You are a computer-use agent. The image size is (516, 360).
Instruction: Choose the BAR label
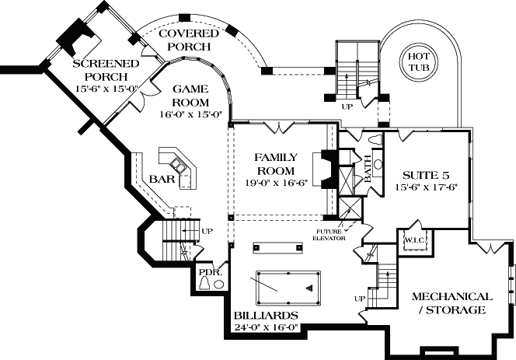click(161, 180)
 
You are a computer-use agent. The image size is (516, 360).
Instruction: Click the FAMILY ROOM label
click(274, 164)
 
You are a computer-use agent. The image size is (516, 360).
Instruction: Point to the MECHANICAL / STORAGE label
click(451, 303)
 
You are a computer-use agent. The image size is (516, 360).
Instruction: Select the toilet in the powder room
click(204, 285)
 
